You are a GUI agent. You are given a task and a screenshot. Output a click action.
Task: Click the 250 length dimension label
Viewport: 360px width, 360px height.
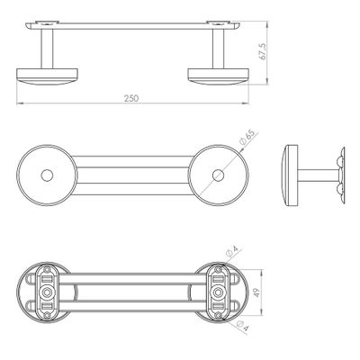[131, 98]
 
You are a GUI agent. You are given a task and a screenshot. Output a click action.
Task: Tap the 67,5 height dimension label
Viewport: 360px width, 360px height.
[263, 51]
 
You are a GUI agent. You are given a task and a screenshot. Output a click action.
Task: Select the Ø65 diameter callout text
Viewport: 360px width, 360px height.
[247, 138]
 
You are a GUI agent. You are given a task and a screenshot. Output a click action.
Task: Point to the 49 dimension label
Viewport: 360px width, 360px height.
[256, 292]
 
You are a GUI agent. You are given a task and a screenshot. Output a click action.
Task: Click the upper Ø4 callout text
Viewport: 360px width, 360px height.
[232, 252]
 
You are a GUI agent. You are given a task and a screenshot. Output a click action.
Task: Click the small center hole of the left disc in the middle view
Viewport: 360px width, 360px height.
[47, 175]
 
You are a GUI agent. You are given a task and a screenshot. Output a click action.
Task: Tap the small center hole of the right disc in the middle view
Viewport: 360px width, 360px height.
[218, 175]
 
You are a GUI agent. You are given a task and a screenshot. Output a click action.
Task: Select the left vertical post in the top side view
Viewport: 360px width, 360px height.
[47, 49]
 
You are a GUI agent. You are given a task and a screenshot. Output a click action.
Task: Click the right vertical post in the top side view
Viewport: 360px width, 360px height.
[218, 49]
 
